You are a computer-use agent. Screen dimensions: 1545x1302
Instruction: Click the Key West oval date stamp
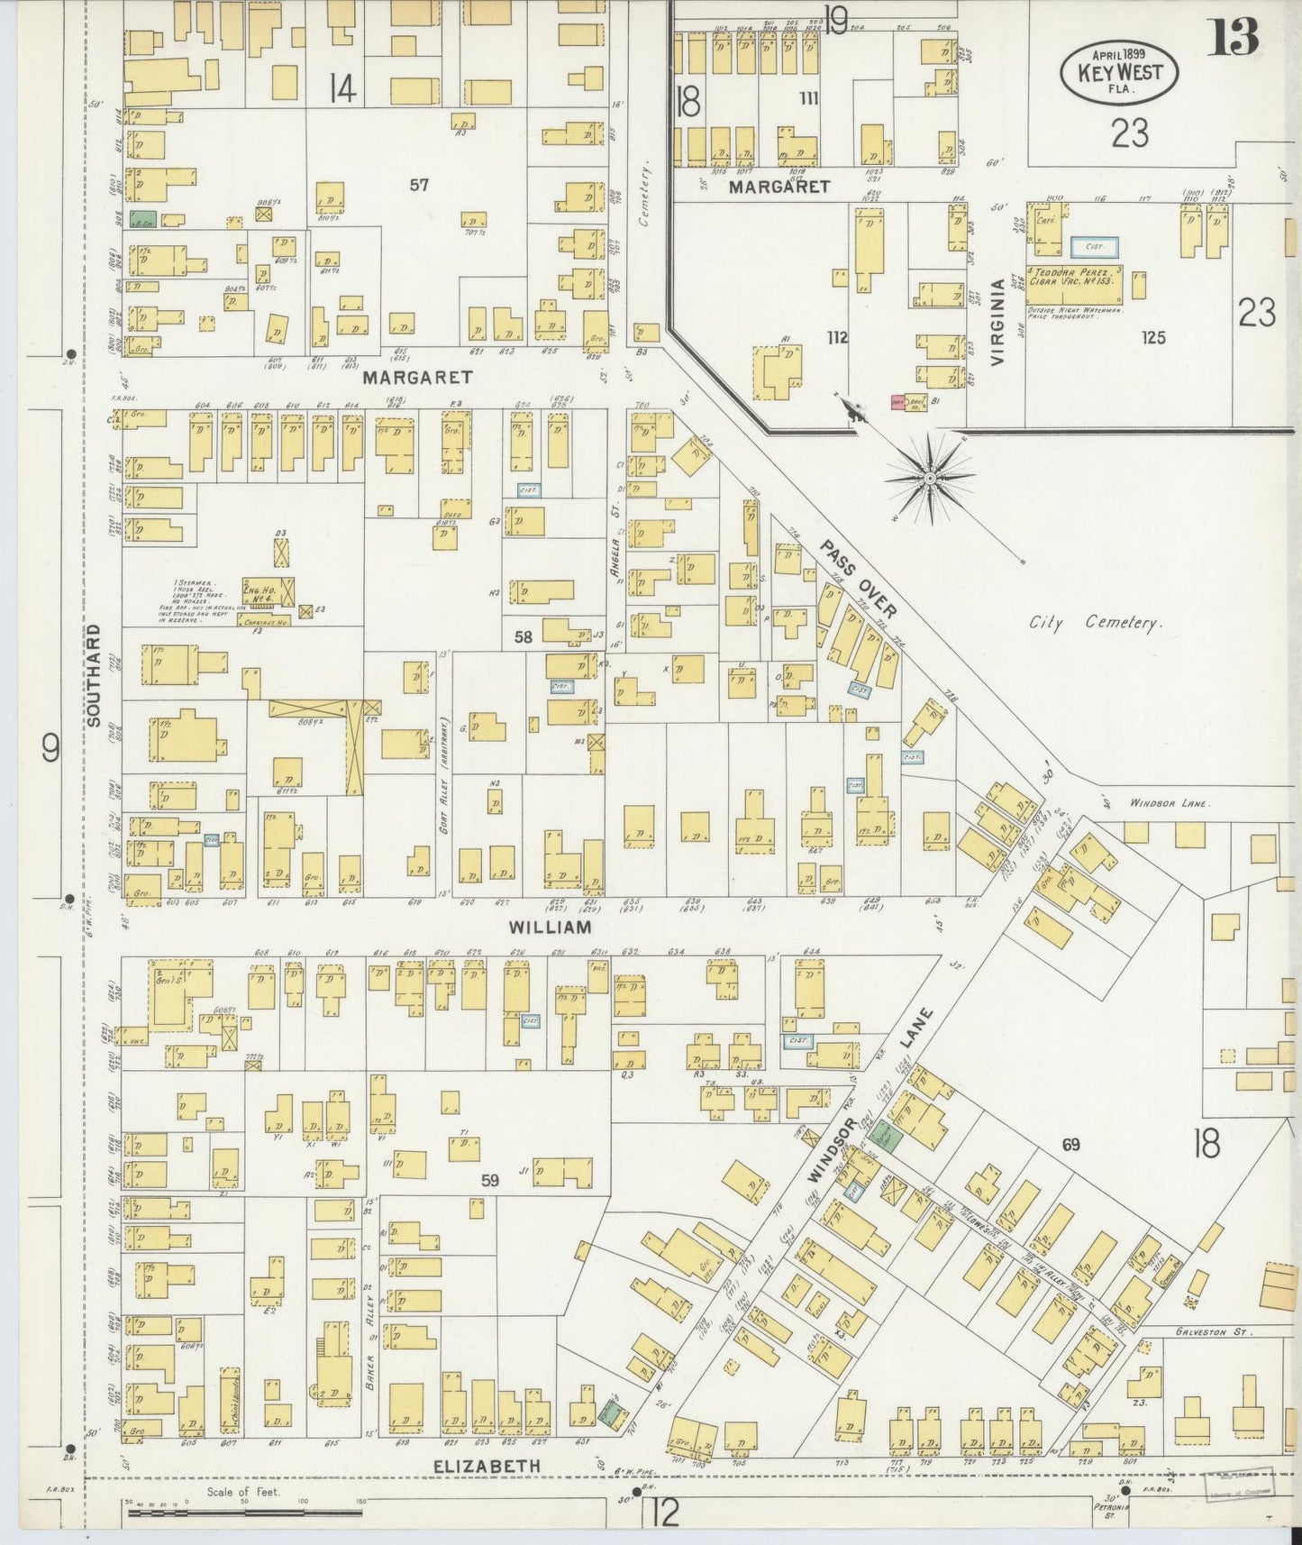(1111, 73)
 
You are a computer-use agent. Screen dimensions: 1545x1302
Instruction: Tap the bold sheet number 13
(1234, 37)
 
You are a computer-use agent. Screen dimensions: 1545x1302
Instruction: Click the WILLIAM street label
(551, 927)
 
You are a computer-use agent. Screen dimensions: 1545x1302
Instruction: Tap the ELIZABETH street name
(487, 1467)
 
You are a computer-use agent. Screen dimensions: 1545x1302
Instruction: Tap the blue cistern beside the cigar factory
(1094, 246)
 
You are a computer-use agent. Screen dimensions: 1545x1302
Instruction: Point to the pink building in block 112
(898, 404)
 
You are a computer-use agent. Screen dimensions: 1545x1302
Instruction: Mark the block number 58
(524, 636)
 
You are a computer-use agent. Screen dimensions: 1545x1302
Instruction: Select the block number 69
(1070, 1145)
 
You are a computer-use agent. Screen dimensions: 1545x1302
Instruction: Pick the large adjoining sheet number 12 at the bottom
(664, 1515)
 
